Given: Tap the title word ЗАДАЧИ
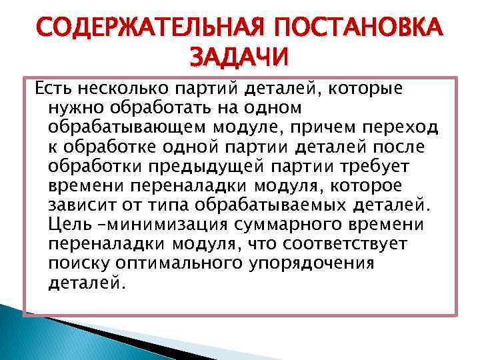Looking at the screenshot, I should pos(241,57).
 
